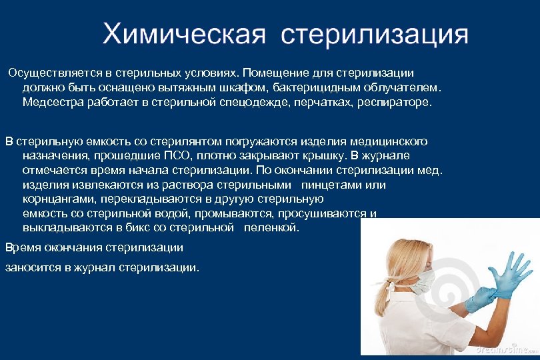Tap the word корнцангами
(x=57, y=199)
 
